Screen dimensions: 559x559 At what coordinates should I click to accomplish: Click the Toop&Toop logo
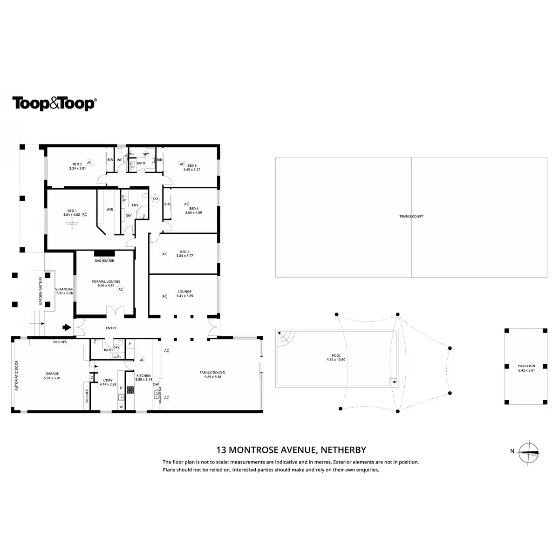point(54,103)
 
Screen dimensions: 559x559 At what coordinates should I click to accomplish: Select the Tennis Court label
point(411,217)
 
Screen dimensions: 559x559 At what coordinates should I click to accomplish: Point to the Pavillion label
point(526,366)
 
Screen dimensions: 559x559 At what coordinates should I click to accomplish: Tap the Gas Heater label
point(104,261)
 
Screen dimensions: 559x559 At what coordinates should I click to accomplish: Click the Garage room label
point(52,374)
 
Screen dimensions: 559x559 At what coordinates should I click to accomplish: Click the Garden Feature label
point(41,291)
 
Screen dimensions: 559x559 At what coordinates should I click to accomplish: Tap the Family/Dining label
point(212,372)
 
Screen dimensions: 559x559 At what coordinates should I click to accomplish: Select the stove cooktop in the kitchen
point(131,390)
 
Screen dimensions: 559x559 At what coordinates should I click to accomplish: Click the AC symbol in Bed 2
point(89,163)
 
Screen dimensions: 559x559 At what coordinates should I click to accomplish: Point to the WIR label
point(110,210)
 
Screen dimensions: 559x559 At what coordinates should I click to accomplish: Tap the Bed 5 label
point(185,252)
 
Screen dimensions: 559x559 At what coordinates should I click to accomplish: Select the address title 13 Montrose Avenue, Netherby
point(291,450)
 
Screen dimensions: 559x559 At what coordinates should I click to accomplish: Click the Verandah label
point(64,289)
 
